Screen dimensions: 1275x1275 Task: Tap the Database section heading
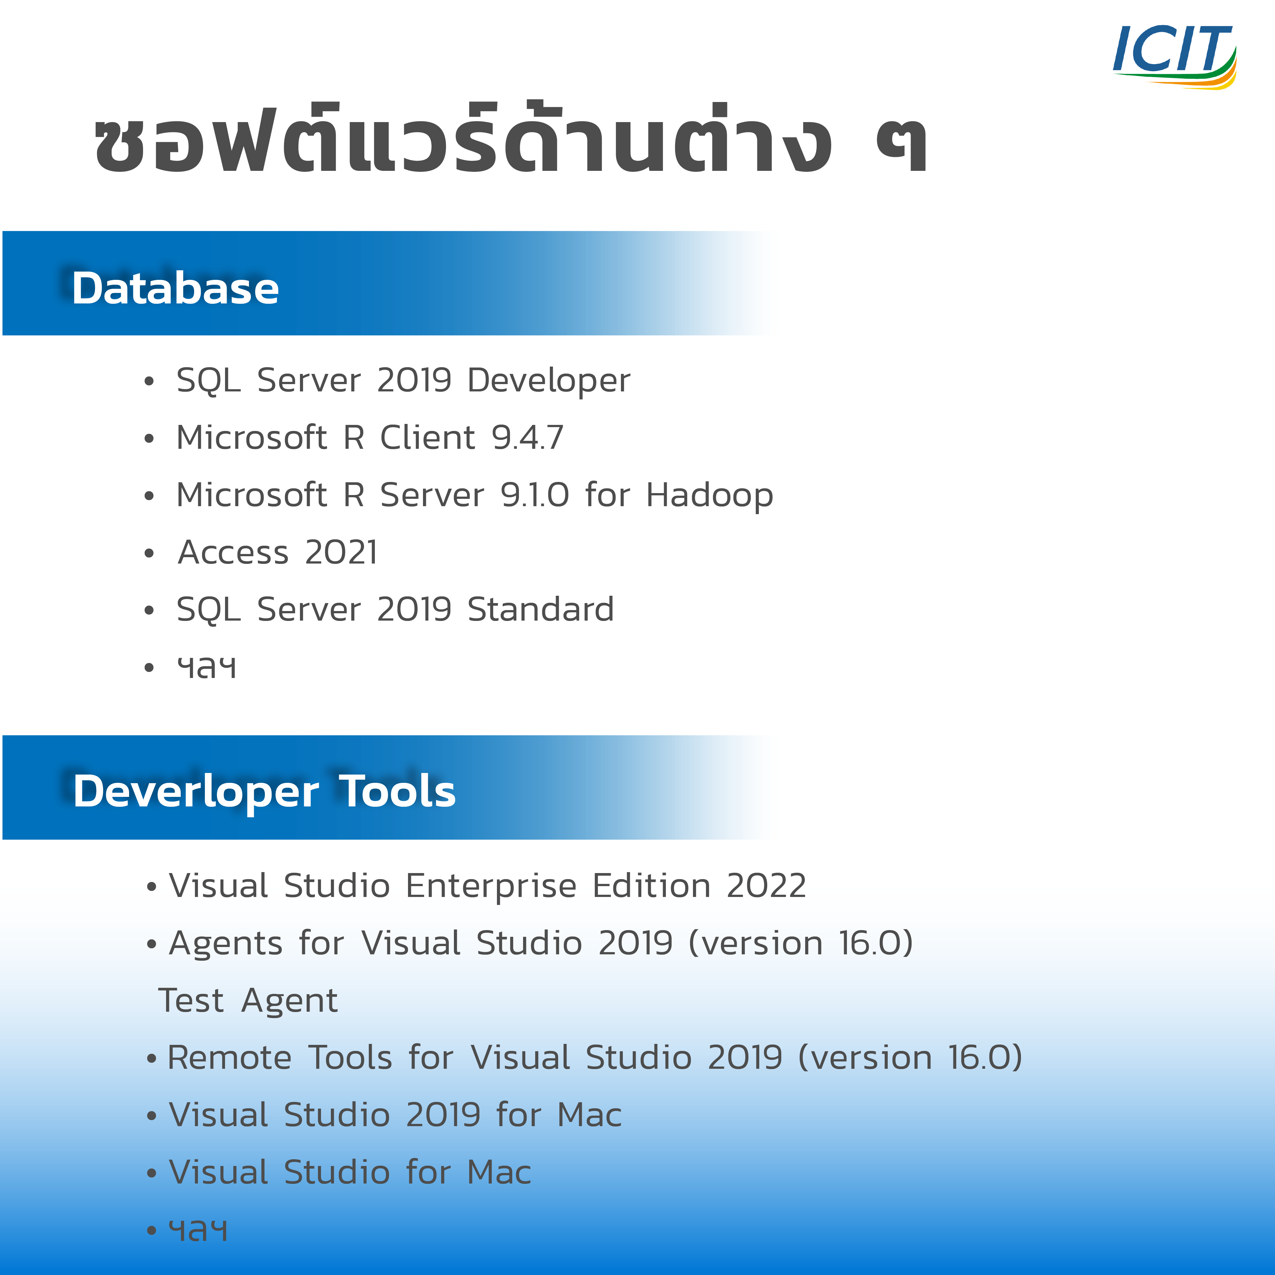click(x=176, y=288)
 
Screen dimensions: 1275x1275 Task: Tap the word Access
click(x=234, y=552)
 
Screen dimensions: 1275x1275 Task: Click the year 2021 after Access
click(x=341, y=552)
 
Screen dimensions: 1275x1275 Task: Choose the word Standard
click(x=541, y=609)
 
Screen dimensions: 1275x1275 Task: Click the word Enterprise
click(x=491, y=885)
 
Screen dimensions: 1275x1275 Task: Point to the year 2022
click(x=766, y=885)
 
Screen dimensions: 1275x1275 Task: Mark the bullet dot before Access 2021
click(x=149, y=553)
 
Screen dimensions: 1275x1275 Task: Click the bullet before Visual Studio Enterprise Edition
click(x=152, y=887)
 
